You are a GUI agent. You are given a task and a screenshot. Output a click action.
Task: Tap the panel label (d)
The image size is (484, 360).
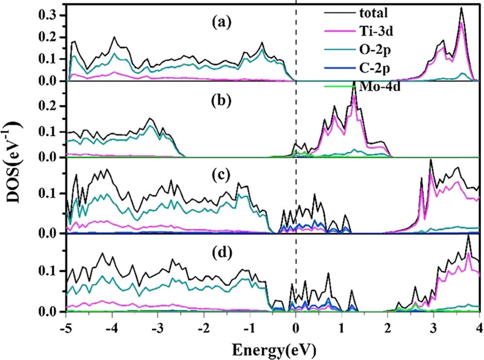212,253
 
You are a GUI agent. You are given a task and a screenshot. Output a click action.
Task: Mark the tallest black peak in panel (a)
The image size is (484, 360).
461,8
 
